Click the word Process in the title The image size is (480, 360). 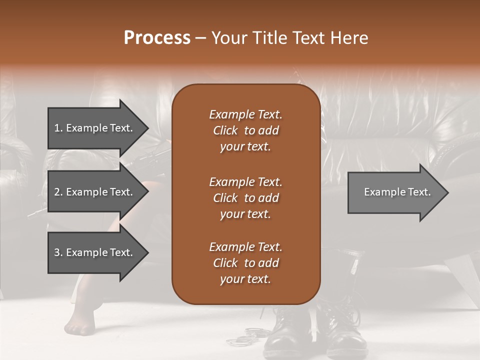click(157, 38)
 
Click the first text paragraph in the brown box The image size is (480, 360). click(245, 130)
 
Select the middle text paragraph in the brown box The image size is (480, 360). click(245, 197)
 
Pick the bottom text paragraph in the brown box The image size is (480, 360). click(245, 263)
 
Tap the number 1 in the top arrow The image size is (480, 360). click(56, 128)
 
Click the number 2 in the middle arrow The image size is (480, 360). click(57, 192)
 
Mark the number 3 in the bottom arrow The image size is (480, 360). click(57, 252)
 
